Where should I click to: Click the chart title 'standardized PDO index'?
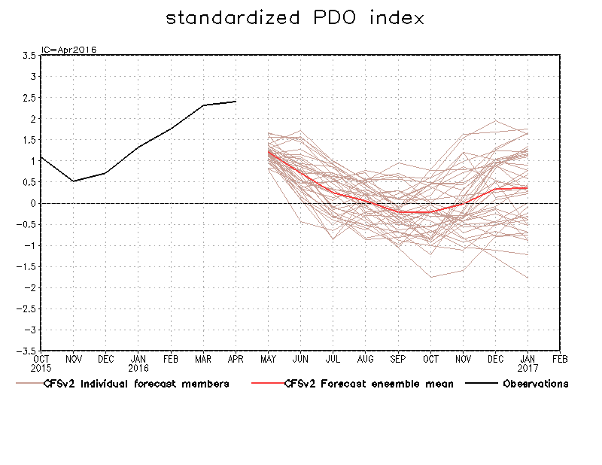(x=295, y=17)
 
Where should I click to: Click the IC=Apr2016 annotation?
(x=68, y=50)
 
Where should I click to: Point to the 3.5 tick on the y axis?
(x=29, y=55)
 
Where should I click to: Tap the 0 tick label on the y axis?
(x=34, y=203)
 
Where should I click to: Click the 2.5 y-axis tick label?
(x=29, y=97)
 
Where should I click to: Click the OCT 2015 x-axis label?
(x=41, y=364)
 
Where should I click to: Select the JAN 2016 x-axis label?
(x=138, y=364)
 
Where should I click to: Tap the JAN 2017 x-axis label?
(x=528, y=364)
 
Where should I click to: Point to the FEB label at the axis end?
(x=560, y=360)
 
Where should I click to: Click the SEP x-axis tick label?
(x=398, y=360)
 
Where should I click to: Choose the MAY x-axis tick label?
(x=268, y=360)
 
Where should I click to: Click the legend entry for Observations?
(x=535, y=384)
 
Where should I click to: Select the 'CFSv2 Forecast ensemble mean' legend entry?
(x=369, y=384)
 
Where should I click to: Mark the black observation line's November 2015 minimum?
(x=73, y=181)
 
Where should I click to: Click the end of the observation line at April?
(x=236, y=101)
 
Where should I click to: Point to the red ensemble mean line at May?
(x=269, y=151)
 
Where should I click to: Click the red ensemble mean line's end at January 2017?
(x=528, y=188)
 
